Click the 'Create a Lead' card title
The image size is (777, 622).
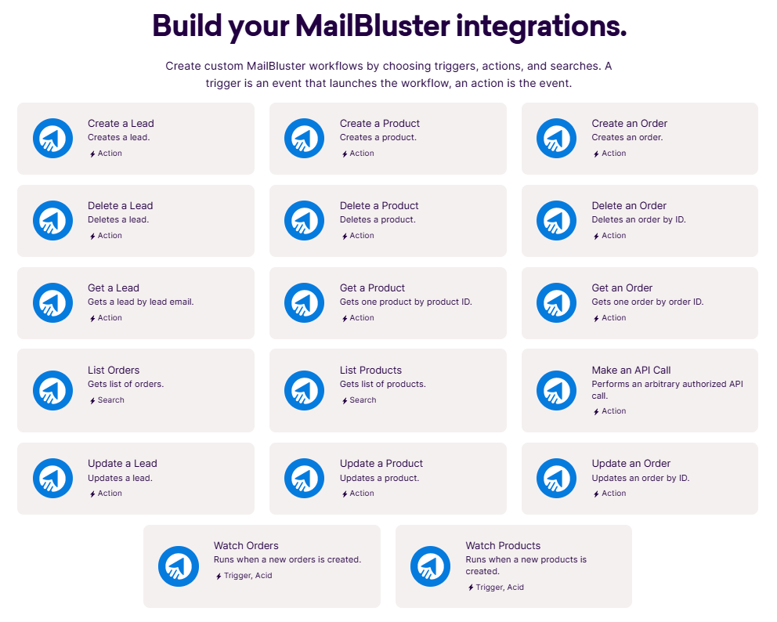click(121, 123)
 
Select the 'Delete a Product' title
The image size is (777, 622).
click(379, 205)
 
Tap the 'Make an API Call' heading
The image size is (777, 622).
click(631, 370)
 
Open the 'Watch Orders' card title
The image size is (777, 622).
click(246, 545)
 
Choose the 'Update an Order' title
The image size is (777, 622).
click(631, 463)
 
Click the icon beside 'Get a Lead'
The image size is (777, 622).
click(52, 302)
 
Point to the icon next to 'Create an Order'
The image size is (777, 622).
click(557, 139)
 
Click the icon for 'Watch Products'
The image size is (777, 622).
click(431, 566)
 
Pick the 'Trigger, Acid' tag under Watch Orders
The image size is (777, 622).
click(244, 576)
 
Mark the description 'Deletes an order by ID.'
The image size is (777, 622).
click(638, 219)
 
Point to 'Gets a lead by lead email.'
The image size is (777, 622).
click(140, 302)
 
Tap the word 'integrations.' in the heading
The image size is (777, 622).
click(541, 26)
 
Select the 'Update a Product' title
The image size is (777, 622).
click(381, 463)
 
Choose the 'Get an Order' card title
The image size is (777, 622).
click(622, 287)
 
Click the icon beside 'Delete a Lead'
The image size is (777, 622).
click(52, 220)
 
